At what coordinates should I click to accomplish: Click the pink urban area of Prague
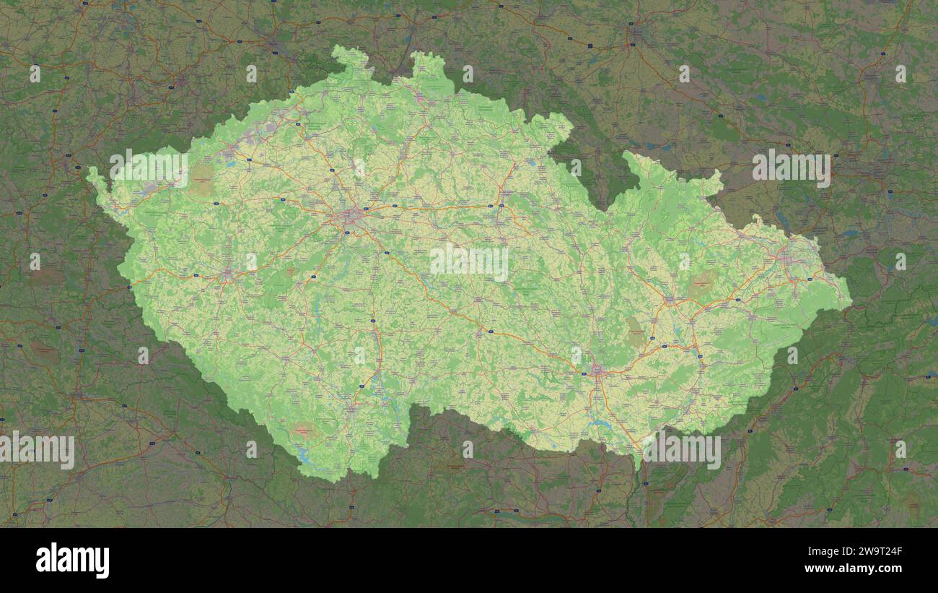[x=351, y=215]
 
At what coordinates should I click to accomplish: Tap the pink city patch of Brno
[x=597, y=371]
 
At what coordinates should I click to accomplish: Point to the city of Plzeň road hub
[x=229, y=273]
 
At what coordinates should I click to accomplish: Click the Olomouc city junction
[x=669, y=299]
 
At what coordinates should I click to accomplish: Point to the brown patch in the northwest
[x=201, y=181]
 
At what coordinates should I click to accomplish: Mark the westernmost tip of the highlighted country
[x=88, y=173]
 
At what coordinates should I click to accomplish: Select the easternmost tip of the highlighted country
[x=851, y=300]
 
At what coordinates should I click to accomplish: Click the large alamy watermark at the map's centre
[x=469, y=261]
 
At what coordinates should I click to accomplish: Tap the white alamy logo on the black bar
[x=72, y=560]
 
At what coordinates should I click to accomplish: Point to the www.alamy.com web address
[x=854, y=569]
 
